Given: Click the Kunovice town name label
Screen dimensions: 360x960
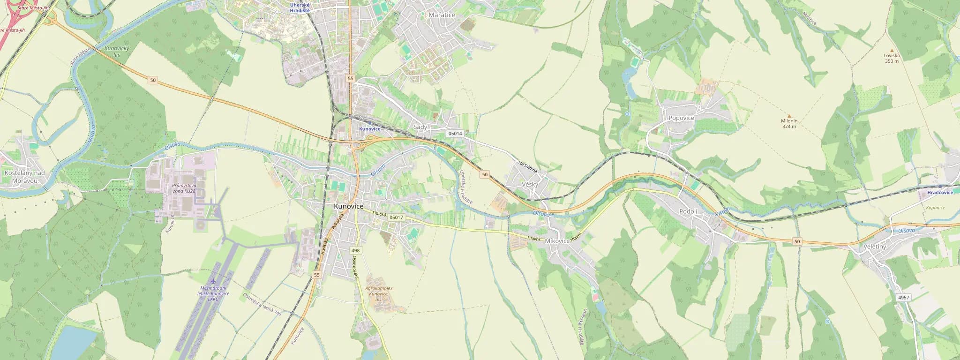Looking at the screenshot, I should coord(348,206).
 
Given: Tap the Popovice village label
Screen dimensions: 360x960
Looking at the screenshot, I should coord(681,118).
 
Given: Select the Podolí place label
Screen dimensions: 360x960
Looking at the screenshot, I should coord(689,212).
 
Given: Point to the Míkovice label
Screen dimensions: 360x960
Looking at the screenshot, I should coord(557,241).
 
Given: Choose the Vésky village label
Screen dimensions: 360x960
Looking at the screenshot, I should coord(530,185).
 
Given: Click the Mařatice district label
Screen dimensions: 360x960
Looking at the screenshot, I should coord(442,15).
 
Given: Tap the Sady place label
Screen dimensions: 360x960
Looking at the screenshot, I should coord(420,127).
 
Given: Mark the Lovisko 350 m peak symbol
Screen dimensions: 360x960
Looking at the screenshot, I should coord(892,50).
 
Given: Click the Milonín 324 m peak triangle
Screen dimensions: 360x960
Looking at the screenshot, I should coord(789,116).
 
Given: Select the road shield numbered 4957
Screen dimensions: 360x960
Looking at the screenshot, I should coord(903,298).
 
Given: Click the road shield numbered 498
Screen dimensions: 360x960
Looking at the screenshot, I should coord(355,251).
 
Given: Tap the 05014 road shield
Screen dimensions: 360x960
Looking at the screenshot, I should coord(455,134).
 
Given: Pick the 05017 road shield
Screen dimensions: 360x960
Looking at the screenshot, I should coord(396,217).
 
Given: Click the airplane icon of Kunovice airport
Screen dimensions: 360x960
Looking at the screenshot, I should coord(215,281).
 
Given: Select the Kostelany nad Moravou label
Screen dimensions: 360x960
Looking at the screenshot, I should coord(24,177).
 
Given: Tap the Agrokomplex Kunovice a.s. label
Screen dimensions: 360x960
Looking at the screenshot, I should coord(378,293).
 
